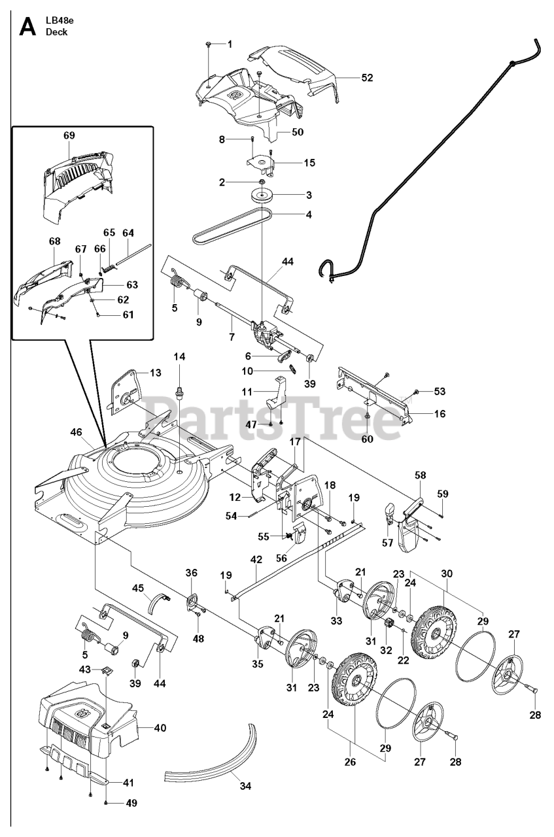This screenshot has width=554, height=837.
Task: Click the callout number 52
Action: [367, 77]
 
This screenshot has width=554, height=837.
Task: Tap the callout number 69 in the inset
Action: [69, 136]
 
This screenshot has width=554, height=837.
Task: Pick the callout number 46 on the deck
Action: [77, 432]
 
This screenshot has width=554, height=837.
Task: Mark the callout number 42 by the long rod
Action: [256, 560]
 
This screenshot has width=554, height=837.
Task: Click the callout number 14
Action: [179, 356]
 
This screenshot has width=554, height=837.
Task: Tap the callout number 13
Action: [155, 373]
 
